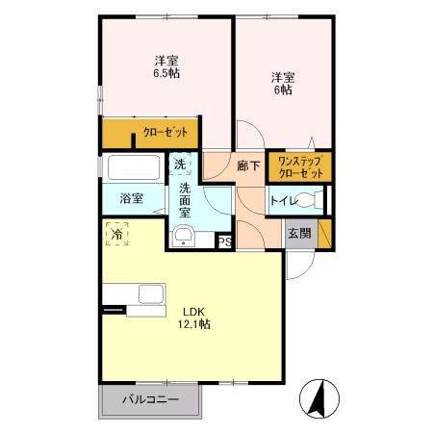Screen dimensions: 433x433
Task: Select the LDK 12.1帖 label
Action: coord(192,317)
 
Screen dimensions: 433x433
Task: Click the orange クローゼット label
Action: coord(165,133)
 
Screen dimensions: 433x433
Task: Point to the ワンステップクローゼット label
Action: coord(298,166)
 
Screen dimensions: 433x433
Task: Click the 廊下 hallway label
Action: coord(248,166)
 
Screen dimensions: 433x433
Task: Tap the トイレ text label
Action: coord(282,201)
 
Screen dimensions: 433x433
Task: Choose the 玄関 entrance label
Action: coord(298,232)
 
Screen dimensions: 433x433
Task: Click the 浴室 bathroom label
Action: coord(131,198)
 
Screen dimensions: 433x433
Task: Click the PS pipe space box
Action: coord(224,242)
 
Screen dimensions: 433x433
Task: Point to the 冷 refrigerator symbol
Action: coord(116,234)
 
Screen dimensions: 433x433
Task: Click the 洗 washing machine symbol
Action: coord(180,165)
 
